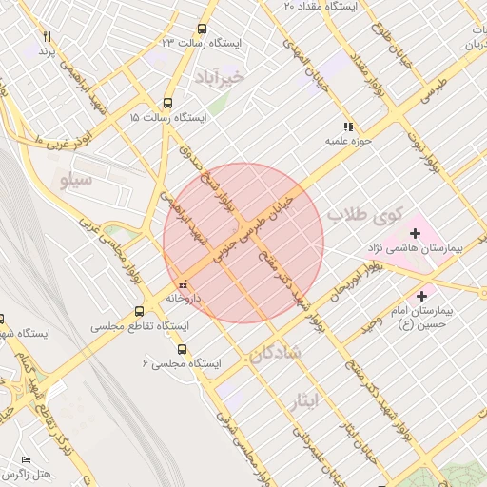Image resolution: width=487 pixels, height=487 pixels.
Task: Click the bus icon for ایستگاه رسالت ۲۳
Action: tap(202, 29)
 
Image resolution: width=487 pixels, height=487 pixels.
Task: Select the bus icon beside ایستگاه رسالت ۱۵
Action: tap(167, 104)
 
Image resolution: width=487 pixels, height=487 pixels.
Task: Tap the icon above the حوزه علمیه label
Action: tap(349, 126)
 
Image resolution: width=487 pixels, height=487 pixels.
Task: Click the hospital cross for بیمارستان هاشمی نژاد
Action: tap(415, 232)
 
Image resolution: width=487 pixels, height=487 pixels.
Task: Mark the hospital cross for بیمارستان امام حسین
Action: tap(422, 296)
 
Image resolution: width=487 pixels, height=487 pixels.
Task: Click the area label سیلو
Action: tap(75, 179)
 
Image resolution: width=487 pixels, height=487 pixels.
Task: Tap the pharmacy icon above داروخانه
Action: tap(183, 283)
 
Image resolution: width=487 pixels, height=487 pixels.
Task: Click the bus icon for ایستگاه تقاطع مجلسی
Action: tap(140, 311)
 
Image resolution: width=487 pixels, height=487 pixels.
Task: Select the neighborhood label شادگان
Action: tap(276, 355)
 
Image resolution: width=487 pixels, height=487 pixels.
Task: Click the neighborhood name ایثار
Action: tap(324, 401)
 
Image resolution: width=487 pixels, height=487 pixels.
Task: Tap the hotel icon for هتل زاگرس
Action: tap(26, 459)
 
